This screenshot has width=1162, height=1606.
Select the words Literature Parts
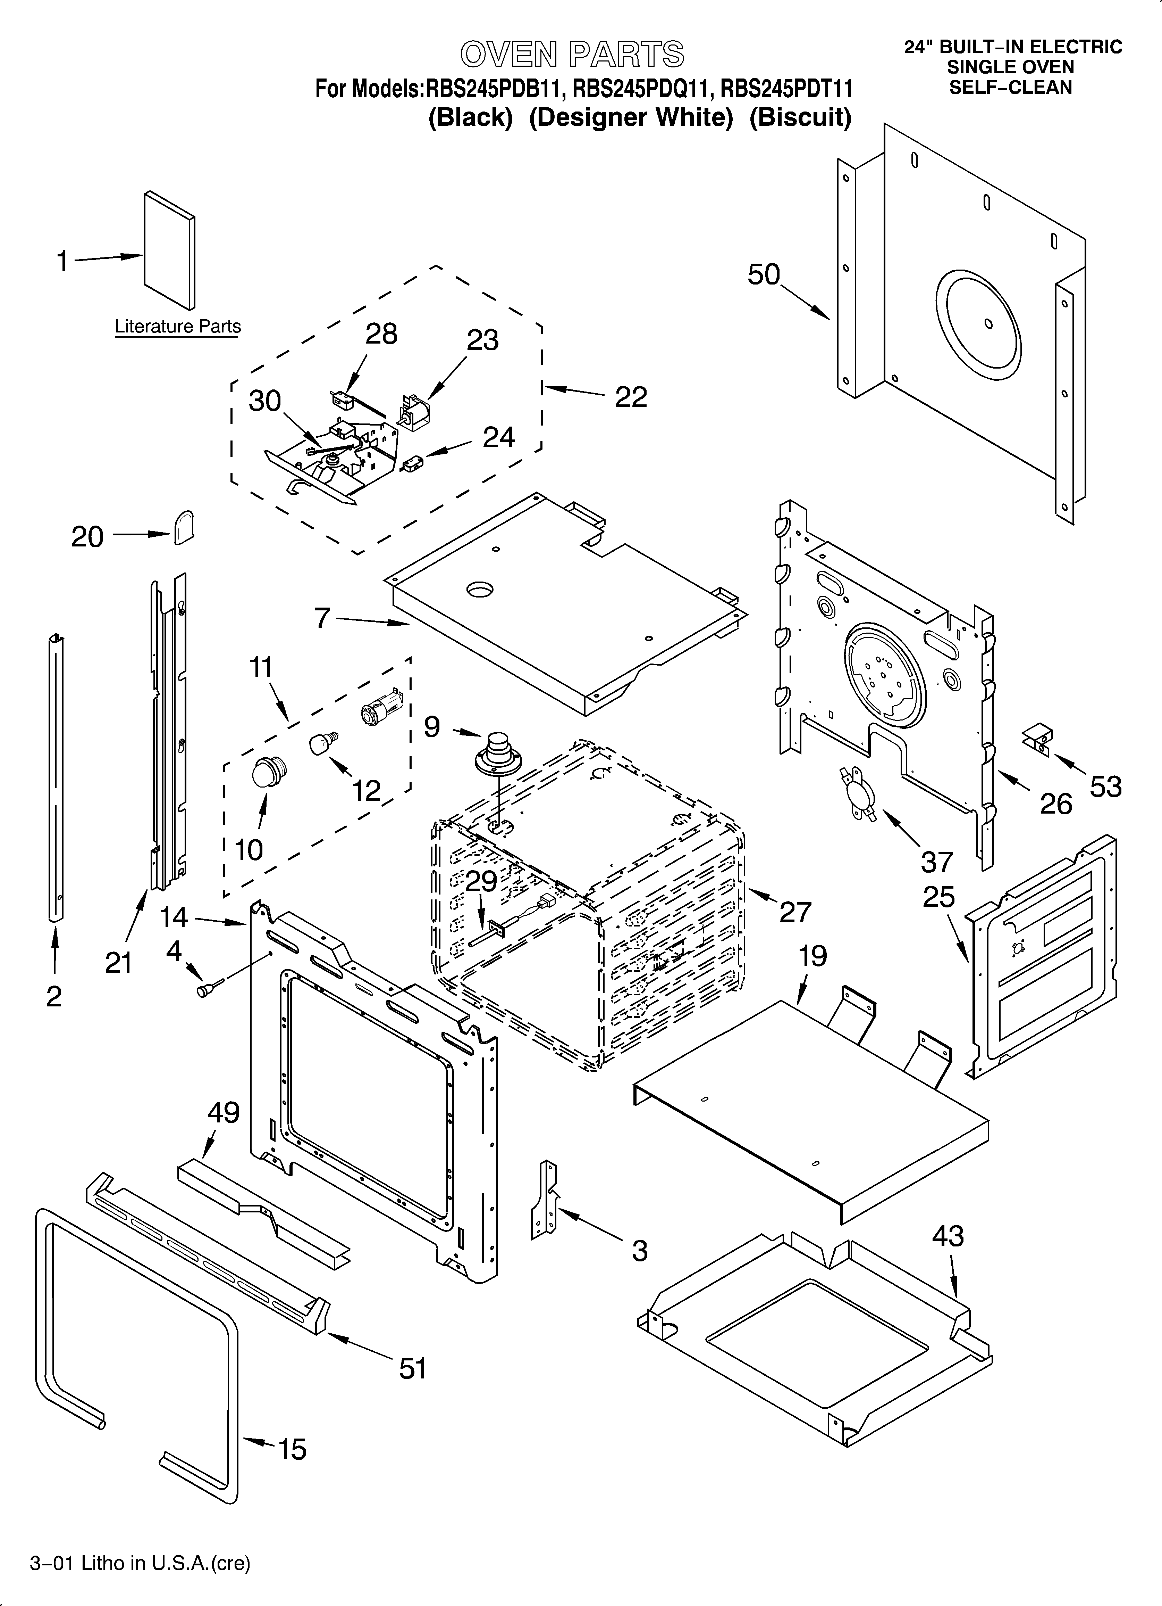[178, 327]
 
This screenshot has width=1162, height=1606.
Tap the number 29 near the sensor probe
[481, 881]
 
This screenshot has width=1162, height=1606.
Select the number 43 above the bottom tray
[948, 1236]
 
